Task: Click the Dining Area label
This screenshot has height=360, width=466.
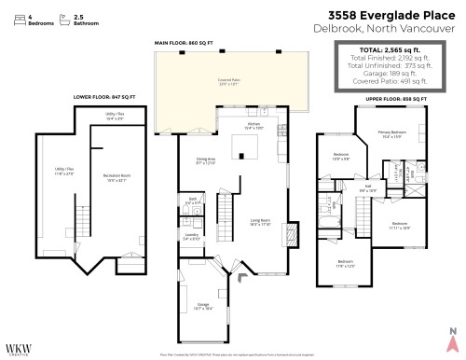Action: coord(207,160)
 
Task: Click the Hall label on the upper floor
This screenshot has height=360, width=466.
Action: coord(367,187)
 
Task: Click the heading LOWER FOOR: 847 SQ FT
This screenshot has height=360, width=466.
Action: coord(103,96)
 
